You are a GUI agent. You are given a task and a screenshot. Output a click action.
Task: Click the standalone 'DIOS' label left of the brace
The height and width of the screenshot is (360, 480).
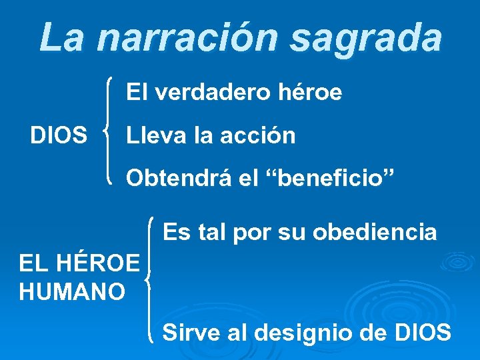click(59, 136)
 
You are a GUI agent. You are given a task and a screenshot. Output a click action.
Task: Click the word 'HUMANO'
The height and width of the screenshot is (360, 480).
click(72, 291)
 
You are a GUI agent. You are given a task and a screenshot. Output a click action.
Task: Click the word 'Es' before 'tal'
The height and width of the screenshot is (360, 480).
click(176, 232)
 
